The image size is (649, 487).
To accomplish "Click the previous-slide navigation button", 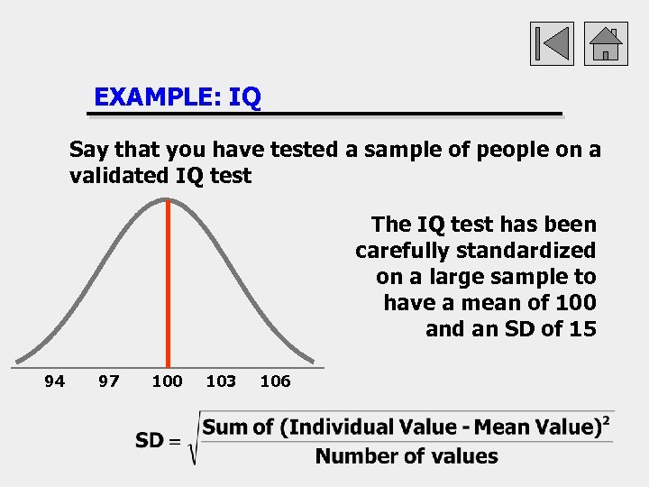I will [x=552, y=42].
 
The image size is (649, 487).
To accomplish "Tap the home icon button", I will [x=606, y=42].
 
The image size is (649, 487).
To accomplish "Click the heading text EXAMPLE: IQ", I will [x=178, y=97].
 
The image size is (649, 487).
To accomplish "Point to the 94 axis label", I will [x=55, y=381].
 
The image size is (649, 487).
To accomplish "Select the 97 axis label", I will [x=109, y=381].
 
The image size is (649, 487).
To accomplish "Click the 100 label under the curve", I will [x=167, y=381].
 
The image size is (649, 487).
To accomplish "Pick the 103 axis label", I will [x=221, y=381].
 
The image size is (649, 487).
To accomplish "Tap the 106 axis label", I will [x=275, y=381].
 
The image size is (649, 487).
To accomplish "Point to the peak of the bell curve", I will [x=168, y=198].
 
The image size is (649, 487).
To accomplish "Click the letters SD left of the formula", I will [x=150, y=440].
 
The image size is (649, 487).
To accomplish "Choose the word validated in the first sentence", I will [x=116, y=176].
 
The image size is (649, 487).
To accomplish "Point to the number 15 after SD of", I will [x=582, y=329].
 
